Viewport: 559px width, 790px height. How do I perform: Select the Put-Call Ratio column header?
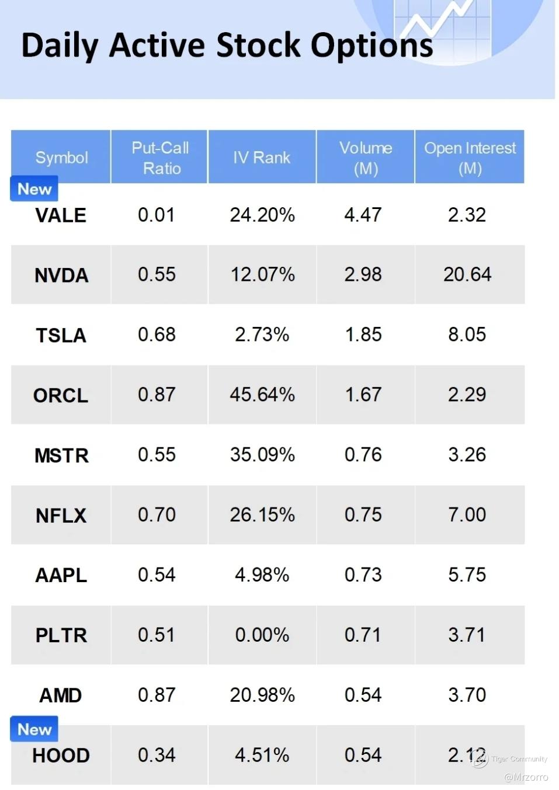pyautogui.click(x=160, y=158)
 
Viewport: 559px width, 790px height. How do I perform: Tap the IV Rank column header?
pyautogui.click(x=262, y=158)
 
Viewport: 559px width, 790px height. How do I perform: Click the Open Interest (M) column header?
pyautogui.click(x=470, y=158)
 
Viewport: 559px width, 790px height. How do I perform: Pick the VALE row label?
pyautogui.click(x=61, y=215)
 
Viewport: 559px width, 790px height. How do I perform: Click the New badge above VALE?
pyautogui.click(x=34, y=189)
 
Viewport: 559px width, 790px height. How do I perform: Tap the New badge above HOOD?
pyautogui.click(x=34, y=729)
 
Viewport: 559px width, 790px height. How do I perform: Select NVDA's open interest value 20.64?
pyautogui.click(x=467, y=274)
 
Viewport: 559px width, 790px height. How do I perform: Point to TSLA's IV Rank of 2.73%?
pyautogui.click(x=262, y=335)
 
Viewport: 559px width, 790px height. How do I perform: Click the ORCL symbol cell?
pyautogui.click(x=61, y=395)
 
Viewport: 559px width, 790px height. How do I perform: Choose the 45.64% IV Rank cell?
pyautogui.click(x=262, y=395)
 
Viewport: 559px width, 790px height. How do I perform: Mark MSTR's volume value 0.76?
pyautogui.click(x=363, y=455)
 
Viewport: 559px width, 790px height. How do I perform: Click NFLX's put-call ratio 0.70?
pyautogui.click(x=157, y=515)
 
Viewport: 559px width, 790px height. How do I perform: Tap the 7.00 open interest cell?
pyautogui.click(x=467, y=515)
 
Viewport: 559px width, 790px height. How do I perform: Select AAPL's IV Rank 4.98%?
pyautogui.click(x=262, y=575)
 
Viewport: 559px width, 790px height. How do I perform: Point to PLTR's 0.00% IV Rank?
pyautogui.click(x=262, y=635)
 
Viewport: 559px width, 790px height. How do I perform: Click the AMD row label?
pyautogui.click(x=61, y=695)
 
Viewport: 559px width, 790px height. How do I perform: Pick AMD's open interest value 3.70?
pyautogui.click(x=467, y=695)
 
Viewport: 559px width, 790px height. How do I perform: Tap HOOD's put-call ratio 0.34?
pyautogui.click(x=157, y=755)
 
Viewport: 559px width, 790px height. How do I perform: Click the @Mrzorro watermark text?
pyautogui.click(x=526, y=777)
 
